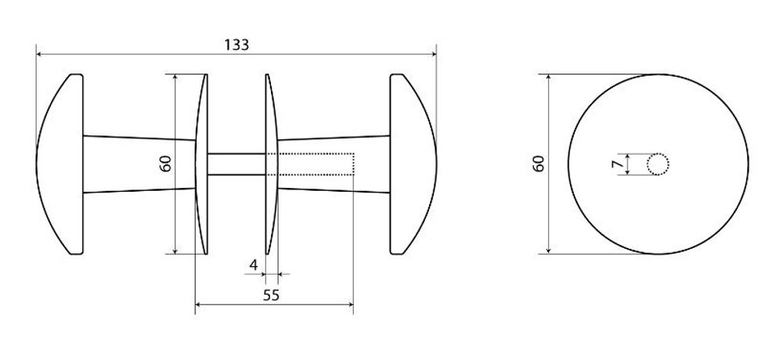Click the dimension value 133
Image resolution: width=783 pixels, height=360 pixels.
pos(236,45)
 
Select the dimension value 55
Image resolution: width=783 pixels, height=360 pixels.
pos(271,295)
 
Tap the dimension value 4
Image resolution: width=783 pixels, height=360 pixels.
pos(254,265)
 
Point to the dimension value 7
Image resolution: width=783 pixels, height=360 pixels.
pos(619,164)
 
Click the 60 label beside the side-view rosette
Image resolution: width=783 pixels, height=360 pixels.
pos(166,164)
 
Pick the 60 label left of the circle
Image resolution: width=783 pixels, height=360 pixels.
pos(539,164)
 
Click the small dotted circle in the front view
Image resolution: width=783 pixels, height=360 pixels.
pos(659,164)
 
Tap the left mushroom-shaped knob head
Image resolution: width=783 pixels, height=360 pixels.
pos(61,164)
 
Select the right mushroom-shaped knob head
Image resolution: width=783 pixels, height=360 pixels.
pos(413,164)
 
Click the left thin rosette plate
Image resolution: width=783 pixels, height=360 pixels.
pos(201,164)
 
